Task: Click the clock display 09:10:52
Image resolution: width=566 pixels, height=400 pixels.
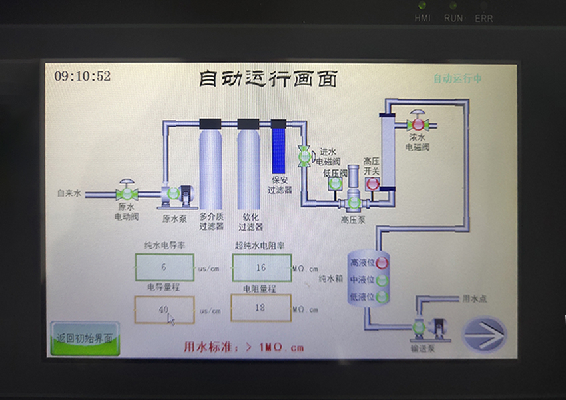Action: click(x=83, y=76)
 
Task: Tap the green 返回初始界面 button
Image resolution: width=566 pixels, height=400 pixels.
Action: click(x=85, y=338)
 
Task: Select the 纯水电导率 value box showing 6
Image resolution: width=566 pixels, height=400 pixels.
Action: click(x=164, y=267)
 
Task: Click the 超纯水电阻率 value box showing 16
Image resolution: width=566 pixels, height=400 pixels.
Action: click(x=261, y=267)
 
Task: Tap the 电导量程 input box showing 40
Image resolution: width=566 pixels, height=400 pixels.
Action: click(x=164, y=309)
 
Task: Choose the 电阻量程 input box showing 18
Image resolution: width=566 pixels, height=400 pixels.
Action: click(x=261, y=309)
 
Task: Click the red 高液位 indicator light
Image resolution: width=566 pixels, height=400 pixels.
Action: click(x=382, y=263)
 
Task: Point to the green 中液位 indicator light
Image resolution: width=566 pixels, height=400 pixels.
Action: click(x=382, y=280)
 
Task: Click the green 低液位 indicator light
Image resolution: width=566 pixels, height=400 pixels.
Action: click(x=382, y=297)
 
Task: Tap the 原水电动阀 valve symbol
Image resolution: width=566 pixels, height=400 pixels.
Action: click(x=126, y=193)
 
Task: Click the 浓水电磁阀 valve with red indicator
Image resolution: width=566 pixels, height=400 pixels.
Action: click(x=418, y=123)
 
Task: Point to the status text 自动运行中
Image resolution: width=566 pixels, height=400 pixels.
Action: click(x=457, y=79)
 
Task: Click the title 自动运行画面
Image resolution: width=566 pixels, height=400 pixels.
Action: click(x=268, y=78)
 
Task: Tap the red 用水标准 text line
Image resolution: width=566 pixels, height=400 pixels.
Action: click(x=244, y=347)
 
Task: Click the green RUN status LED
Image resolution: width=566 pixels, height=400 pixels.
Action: click(x=453, y=5)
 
